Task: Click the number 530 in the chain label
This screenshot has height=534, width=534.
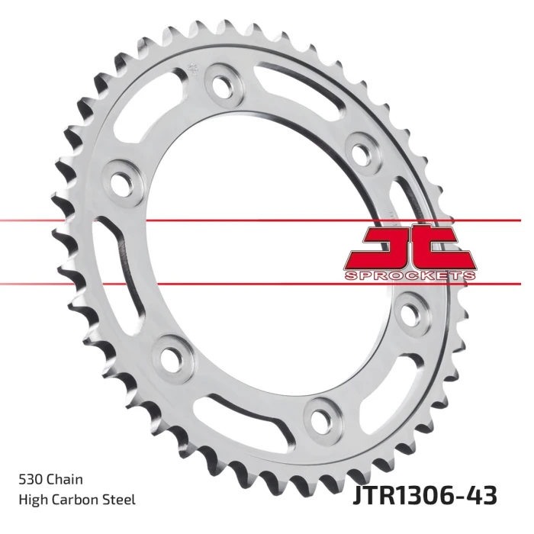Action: coord(31,479)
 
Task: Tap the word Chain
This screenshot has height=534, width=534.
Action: coord(64,479)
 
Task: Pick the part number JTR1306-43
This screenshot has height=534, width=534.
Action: coord(424,496)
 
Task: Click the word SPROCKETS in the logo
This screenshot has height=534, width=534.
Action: coord(410,275)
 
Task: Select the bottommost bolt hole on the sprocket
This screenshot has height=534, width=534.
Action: coord(320,417)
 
